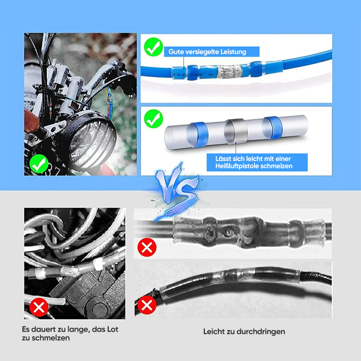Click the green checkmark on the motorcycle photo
(39, 164)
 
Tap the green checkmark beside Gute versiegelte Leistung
(153, 47)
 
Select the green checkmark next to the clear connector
(153, 119)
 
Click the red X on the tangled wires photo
(39, 307)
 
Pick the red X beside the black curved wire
(147, 305)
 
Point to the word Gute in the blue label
(176, 52)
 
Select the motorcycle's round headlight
(92, 141)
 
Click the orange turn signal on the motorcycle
(31, 121)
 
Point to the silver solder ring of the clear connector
(236, 131)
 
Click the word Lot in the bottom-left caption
(112, 329)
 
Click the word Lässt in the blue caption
(223, 159)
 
